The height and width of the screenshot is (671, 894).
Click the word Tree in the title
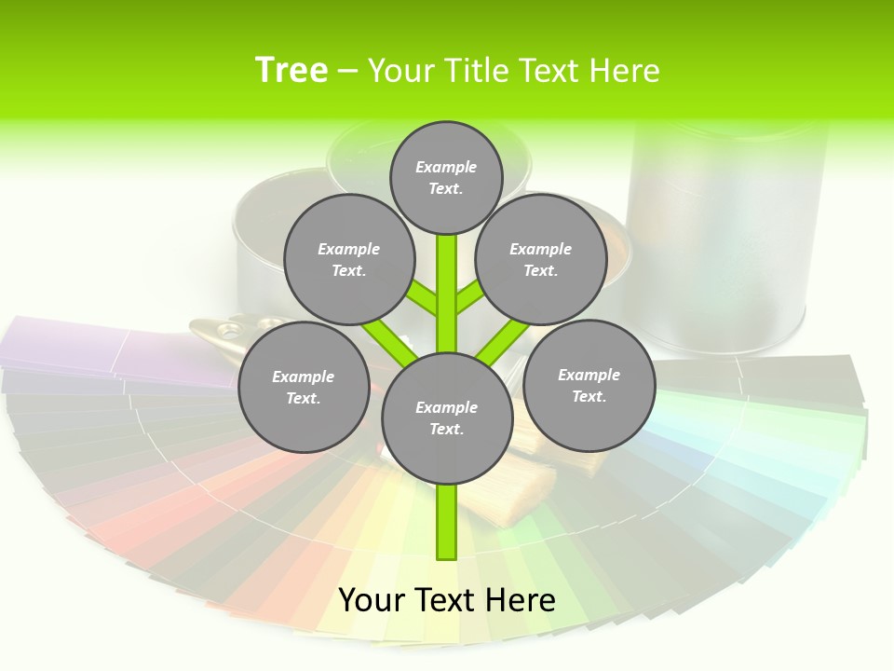tap(291, 70)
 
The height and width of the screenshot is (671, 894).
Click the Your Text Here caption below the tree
tap(447, 600)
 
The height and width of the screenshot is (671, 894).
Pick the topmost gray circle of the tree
tap(446, 177)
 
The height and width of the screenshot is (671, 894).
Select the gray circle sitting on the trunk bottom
tap(447, 418)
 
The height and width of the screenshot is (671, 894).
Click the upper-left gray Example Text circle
tap(349, 260)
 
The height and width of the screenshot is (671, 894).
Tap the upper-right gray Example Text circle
tap(541, 260)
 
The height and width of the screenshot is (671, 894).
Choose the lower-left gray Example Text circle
tap(304, 387)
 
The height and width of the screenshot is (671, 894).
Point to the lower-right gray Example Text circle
tap(589, 385)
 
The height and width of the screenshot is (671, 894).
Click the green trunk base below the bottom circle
tap(447, 522)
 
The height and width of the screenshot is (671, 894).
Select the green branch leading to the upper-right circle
tap(468, 298)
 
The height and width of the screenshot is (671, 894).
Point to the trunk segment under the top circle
tap(447, 280)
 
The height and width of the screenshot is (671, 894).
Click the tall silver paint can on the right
tap(726, 233)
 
